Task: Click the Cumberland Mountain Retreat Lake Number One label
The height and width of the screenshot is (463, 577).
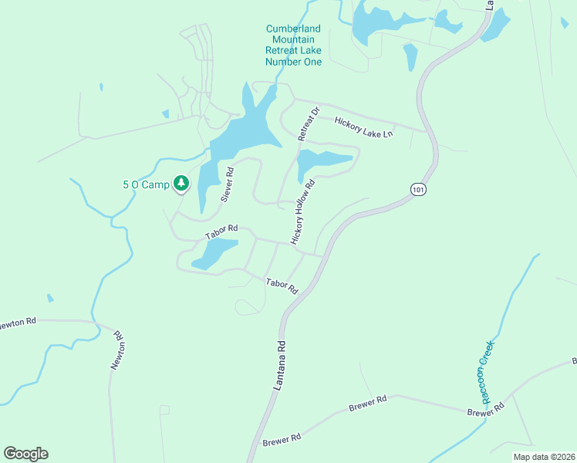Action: click(293, 45)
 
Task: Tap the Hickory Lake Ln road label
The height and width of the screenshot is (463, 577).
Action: click(363, 127)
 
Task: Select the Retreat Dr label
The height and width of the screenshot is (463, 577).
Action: click(308, 124)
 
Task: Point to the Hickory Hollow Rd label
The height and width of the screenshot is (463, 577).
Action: click(303, 213)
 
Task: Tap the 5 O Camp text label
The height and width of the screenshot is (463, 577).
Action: click(145, 184)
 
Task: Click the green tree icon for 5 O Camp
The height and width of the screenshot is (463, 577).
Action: click(181, 183)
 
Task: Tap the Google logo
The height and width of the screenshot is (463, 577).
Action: click(25, 454)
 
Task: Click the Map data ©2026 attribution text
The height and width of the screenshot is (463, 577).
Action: click(543, 457)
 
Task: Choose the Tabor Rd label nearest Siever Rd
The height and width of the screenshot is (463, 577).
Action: click(221, 232)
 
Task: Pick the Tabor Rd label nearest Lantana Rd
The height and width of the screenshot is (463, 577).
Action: click(282, 286)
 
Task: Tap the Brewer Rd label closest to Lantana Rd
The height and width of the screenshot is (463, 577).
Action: click(281, 440)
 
